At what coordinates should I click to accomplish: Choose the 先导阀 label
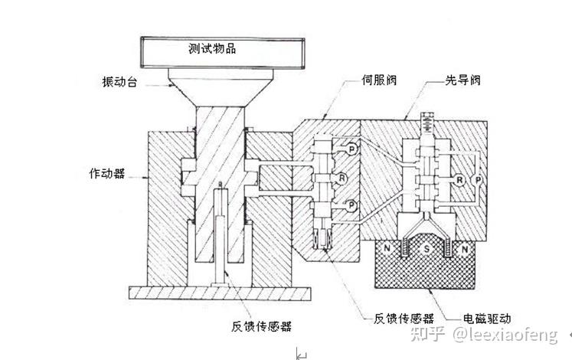pyautogui.click(x=464, y=80)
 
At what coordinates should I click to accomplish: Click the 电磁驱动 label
pyautogui.click(x=489, y=316)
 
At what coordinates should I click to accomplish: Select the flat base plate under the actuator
pyautogui.click(x=221, y=293)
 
